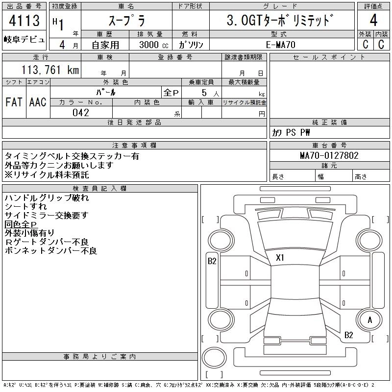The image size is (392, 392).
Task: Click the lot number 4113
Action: (24, 22)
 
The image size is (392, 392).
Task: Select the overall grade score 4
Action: (373, 22)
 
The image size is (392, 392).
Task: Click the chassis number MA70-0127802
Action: (329, 156)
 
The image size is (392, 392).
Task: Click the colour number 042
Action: (81, 113)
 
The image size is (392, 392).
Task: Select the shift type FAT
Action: (14, 102)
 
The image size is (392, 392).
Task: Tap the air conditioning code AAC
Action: (38, 102)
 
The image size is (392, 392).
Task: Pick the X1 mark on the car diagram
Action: (280, 257)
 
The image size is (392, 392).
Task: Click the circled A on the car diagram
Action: (370, 320)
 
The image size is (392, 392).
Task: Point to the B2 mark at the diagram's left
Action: (212, 261)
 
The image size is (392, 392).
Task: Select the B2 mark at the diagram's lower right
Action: (349, 335)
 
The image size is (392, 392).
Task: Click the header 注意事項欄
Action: (134, 146)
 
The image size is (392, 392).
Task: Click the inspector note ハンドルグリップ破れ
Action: (47, 198)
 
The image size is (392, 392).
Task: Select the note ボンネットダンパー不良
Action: (50, 251)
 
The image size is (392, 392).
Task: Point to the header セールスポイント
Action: (329, 57)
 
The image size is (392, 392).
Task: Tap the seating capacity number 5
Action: (203, 92)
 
